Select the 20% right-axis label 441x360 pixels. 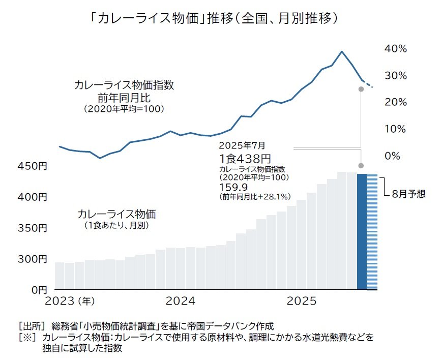point(395,102)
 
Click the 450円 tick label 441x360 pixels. point(32,166)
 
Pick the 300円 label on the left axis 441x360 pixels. point(32,259)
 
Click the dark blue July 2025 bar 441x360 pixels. point(362,231)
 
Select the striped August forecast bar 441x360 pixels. point(372,231)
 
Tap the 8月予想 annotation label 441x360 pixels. point(408,194)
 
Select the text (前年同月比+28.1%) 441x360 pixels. point(254,196)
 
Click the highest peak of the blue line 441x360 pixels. point(342,51)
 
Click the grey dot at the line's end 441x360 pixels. point(361,89)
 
